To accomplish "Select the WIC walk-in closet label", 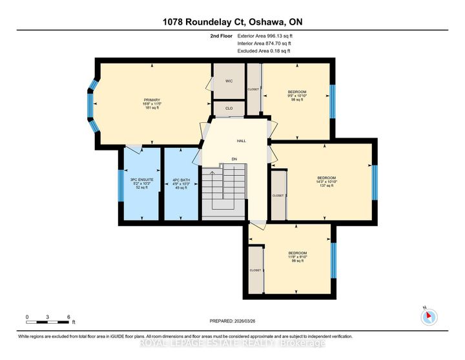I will coord(229,81).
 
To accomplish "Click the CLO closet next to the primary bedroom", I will coord(229,109).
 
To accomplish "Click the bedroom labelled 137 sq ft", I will coord(326,182).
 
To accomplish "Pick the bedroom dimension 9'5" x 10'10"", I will coord(296,96).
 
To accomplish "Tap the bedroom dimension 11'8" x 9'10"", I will coord(297,257).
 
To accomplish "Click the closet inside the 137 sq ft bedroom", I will coord(278,195).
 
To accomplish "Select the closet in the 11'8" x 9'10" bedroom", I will coord(256,270).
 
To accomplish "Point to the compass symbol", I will coord(429,317).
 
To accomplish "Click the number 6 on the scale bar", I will coord(68,317).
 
